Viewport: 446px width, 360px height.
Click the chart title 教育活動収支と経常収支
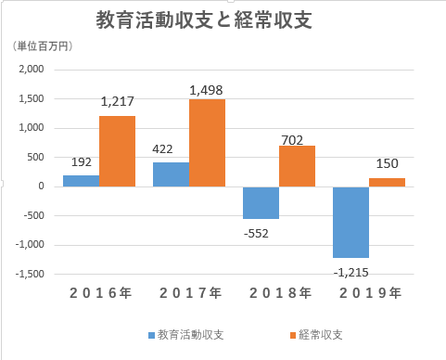click(x=202, y=19)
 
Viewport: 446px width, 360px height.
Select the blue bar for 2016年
click(x=81, y=180)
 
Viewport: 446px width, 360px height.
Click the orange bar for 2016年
click(x=118, y=150)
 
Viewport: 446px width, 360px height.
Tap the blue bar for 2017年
click(x=171, y=174)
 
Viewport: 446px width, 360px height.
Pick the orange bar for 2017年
click(x=207, y=142)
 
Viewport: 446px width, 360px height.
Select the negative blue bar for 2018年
click(x=261, y=202)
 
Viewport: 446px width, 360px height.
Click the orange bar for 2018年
click(x=297, y=165)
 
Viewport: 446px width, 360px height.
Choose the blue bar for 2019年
click(x=350, y=222)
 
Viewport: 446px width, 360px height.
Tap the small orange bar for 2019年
click(x=387, y=182)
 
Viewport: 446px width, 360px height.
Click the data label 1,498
click(x=206, y=90)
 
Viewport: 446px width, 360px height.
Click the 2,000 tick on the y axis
click(x=32, y=69)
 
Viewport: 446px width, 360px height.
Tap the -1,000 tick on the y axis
click(x=30, y=245)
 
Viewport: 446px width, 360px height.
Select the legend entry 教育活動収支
click(x=186, y=333)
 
